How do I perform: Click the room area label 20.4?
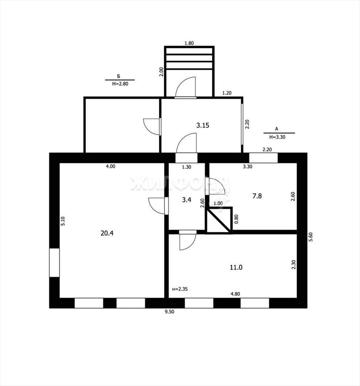tap(107, 233)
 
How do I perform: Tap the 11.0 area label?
tap(236, 267)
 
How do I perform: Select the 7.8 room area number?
tap(257, 196)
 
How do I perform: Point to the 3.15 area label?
tap(203, 125)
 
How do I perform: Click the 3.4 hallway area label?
tap(186, 199)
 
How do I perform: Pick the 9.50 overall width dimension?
tap(169, 312)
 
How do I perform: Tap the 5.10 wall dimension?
tap(63, 221)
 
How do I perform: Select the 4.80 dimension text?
tap(235, 294)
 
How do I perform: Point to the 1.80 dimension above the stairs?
tap(189, 43)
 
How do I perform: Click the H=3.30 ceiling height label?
tap(277, 137)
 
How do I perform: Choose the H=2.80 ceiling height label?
tap(120, 84)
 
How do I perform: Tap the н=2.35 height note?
tap(180, 289)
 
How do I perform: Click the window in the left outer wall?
tap(54, 262)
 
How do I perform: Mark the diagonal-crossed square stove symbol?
tap(219, 220)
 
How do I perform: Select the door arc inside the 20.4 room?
tap(157, 206)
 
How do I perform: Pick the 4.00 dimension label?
tap(110, 166)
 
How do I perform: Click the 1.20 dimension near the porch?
tap(227, 93)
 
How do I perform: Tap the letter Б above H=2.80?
tap(119, 77)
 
